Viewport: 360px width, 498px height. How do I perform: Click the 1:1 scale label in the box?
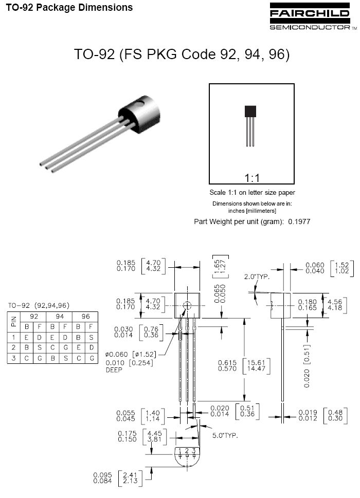tap(251, 178)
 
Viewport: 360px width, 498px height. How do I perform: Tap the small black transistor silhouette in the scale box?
tap(250, 125)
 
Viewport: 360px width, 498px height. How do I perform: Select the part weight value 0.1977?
tap(299, 222)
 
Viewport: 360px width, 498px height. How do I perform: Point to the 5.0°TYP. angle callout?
tap(225, 435)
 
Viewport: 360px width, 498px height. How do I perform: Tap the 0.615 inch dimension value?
tap(227, 362)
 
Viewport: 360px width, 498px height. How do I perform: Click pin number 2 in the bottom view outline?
tap(187, 451)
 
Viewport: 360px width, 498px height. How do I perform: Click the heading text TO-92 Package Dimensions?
tap(69, 8)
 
